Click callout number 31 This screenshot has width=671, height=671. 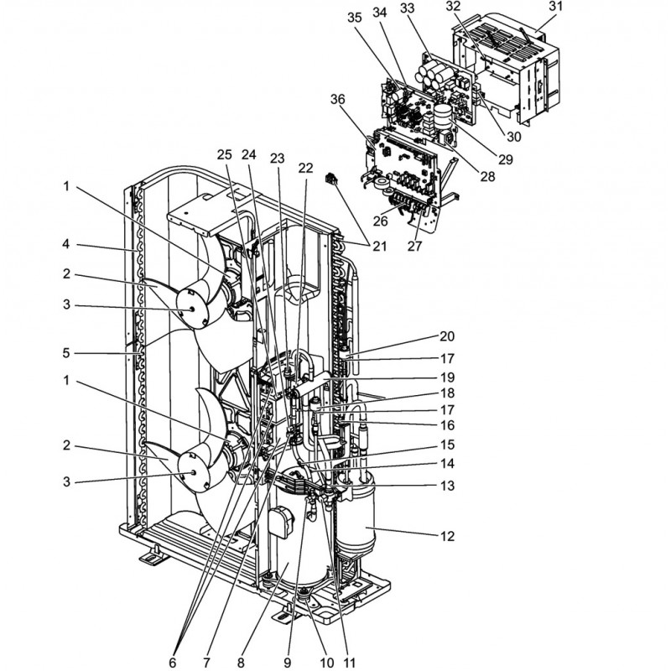pyautogui.click(x=556, y=7)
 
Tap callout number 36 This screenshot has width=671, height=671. pyautogui.click(x=338, y=99)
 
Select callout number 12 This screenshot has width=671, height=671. pyautogui.click(x=447, y=536)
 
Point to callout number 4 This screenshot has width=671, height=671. pyautogui.click(x=66, y=244)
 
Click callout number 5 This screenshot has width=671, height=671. pyautogui.click(x=66, y=353)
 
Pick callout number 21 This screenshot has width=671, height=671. pyautogui.click(x=379, y=247)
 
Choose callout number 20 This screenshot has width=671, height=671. pyautogui.click(x=447, y=336)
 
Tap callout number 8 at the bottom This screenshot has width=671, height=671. pyautogui.click(x=241, y=663)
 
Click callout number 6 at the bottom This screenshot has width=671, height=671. pyautogui.click(x=173, y=663)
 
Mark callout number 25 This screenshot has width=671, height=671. pyautogui.click(x=224, y=155)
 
